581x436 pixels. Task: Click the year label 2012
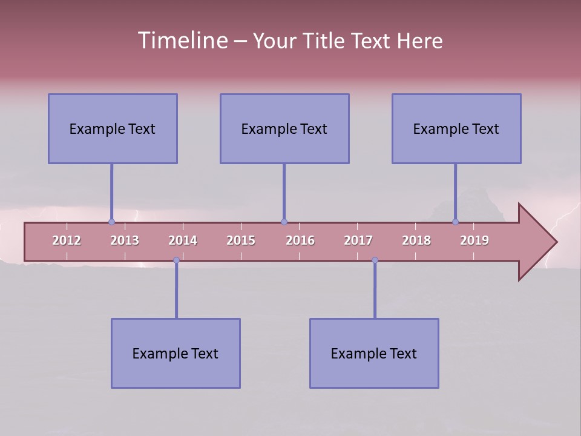click(67, 240)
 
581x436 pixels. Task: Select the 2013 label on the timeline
click(125, 240)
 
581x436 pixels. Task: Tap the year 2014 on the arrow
click(183, 240)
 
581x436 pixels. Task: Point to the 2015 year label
click(241, 240)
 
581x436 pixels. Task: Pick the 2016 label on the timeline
click(300, 240)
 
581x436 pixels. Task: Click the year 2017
click(358, 240)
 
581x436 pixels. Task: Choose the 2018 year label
click(416, 240)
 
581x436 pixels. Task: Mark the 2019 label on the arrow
click(474, 240)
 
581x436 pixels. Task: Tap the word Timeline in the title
click(183, 41)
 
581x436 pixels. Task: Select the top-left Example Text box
click(113, 128)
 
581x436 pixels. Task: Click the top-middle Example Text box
click(284, 128)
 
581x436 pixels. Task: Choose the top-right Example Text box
click(456, 128)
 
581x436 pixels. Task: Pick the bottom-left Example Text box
click(176, 353)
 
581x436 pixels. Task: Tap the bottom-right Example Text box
click(374, 353)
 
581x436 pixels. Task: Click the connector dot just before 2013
click(111, 222)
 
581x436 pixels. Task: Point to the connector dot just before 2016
click(284, 222)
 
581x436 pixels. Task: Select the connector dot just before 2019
click(455, 222)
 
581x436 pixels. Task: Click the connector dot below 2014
click(176, 260)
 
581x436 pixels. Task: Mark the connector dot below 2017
click(375, 260)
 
